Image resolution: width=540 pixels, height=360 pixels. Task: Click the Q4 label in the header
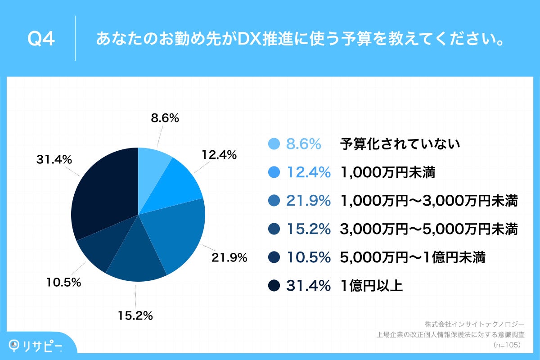pos(41,40)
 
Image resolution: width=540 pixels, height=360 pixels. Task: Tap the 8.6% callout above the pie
pos(165,118)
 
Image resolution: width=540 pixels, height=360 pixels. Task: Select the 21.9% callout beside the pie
pos(229,258)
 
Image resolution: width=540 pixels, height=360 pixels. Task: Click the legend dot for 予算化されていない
pos(274,144)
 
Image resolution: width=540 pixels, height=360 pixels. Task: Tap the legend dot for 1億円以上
pos(274,285)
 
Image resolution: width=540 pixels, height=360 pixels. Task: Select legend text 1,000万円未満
pos(388,172)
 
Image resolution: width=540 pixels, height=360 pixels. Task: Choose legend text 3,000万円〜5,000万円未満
pos(430,229)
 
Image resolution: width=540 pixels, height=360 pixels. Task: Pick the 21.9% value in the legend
pos(309,201)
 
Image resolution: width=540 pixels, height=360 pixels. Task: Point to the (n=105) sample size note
pos(507,345)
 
